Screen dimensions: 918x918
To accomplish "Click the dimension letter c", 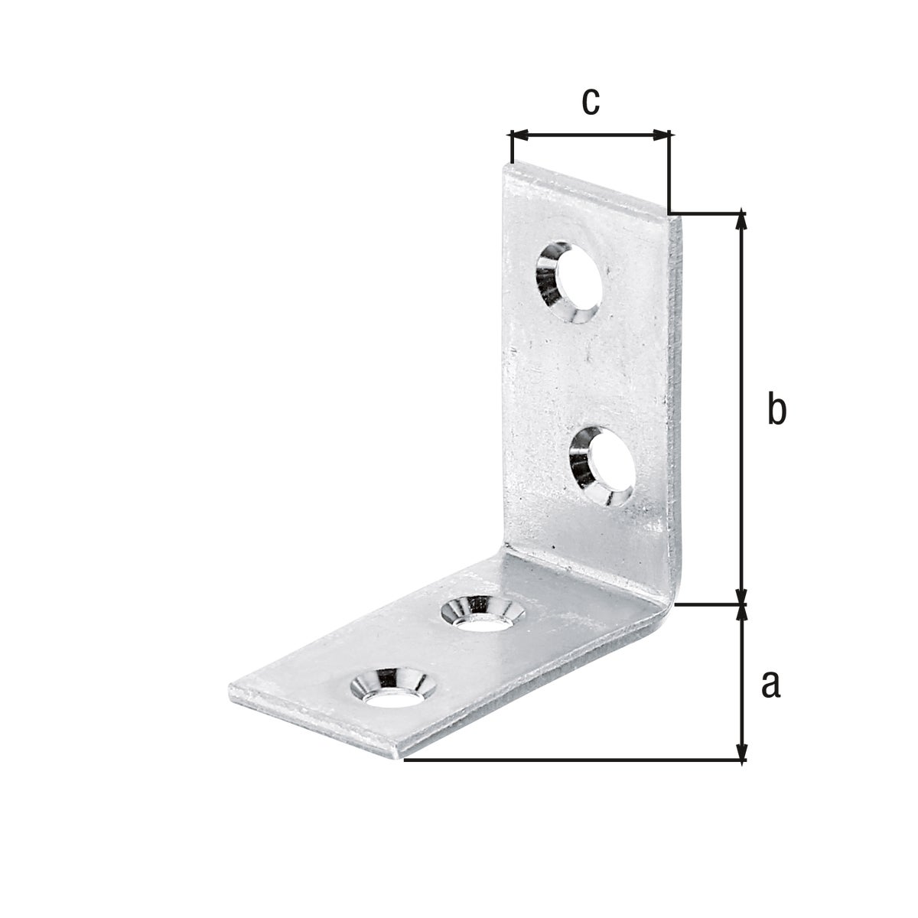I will (590, 103).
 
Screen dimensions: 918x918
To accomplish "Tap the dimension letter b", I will (776, 410).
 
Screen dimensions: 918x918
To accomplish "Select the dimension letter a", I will (770, 683).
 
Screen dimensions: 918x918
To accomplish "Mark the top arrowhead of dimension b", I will (741, 220).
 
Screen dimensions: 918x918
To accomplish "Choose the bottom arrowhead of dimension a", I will (741, 753).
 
